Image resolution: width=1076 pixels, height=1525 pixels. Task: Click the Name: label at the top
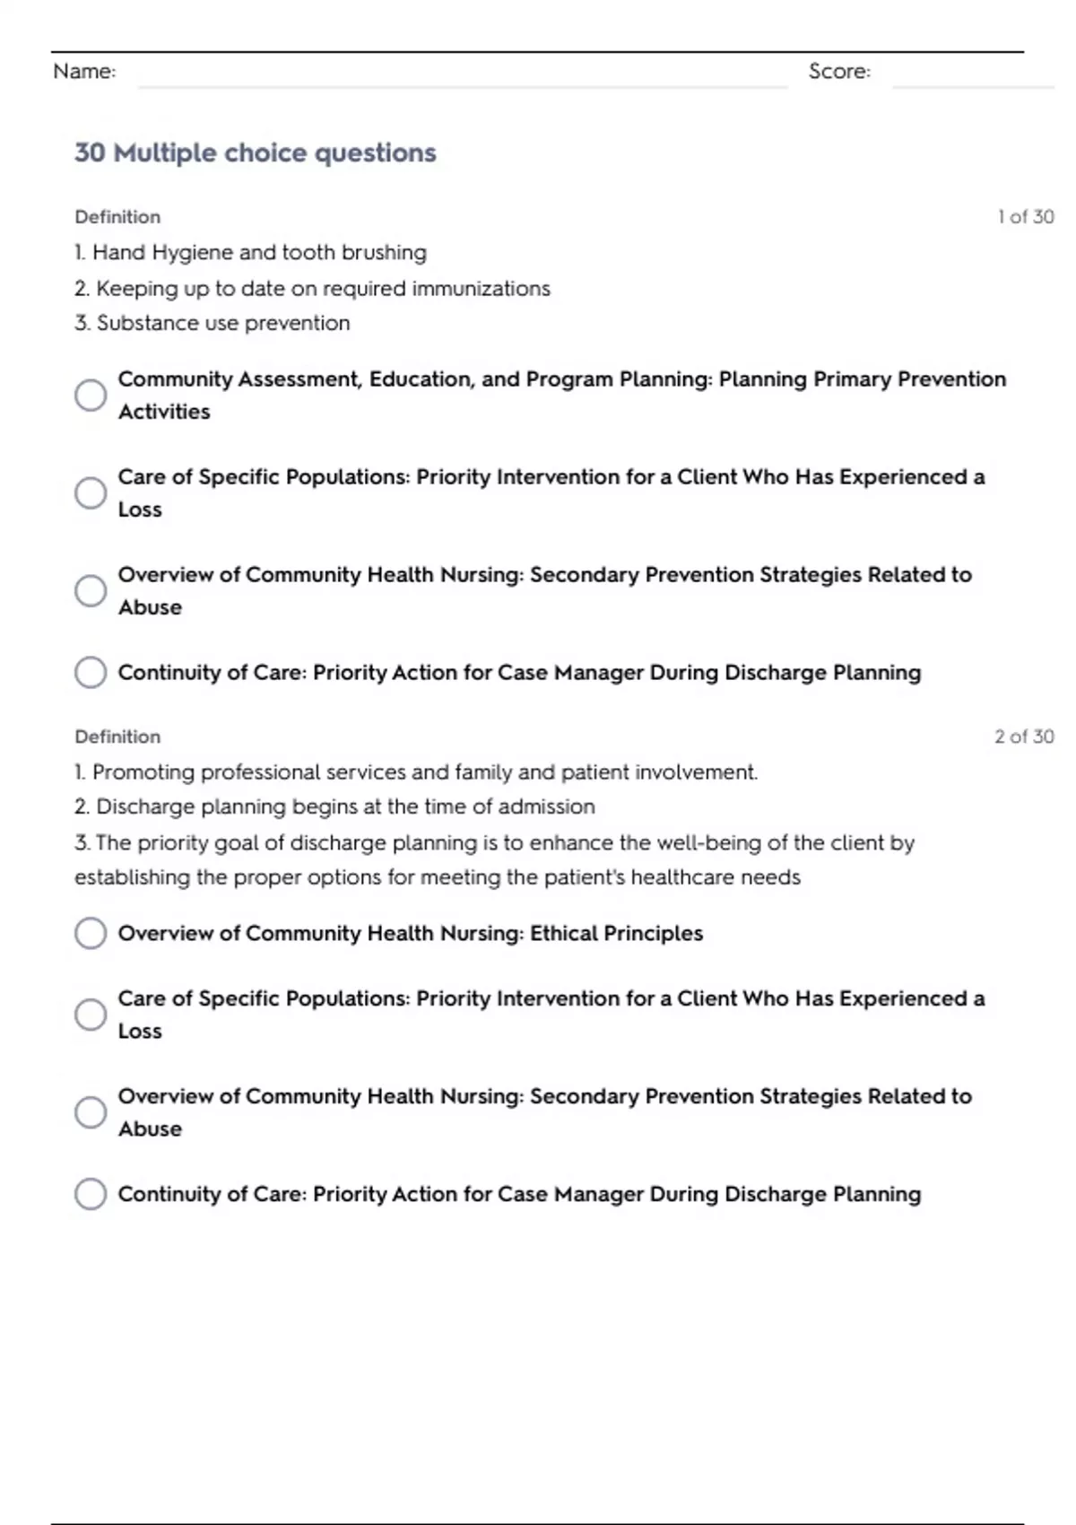pos(84,72)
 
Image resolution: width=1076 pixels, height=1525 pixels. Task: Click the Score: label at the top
pos(839,72)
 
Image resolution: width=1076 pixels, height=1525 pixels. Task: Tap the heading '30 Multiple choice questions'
pos(255,153)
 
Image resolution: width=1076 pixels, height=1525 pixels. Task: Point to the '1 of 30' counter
pos(1025,217)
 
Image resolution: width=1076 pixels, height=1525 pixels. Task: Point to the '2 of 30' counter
pos(1024,736)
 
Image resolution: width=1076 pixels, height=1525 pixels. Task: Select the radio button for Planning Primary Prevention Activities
pos(91,395)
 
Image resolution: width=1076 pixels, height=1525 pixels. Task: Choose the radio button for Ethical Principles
pos(91,933)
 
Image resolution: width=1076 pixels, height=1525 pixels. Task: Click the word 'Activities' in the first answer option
pos(164,412)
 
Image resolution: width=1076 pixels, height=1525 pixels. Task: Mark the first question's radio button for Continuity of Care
pos(91,672)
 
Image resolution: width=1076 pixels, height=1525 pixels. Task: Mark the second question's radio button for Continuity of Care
pos(91,1194)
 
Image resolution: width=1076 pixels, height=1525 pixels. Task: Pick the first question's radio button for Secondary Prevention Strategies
pos(91,590)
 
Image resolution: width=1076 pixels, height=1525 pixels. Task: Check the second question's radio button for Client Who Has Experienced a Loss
pos(91,1015)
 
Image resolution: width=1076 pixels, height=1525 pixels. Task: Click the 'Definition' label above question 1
pos(117,217)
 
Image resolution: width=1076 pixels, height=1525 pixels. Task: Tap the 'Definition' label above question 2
pos(117,736)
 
